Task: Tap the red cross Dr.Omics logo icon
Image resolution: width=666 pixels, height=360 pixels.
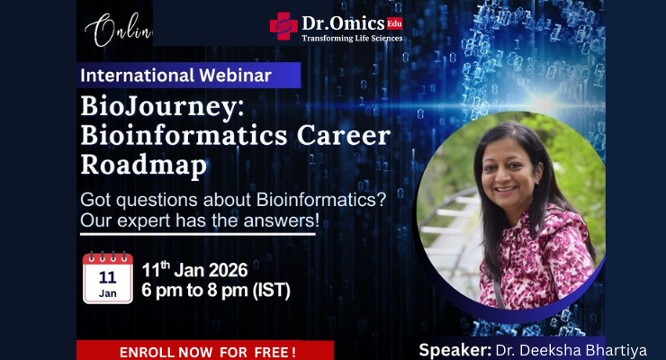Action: [x=283, y=27]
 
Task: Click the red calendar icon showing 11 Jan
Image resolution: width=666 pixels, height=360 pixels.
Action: [x=106, y=276]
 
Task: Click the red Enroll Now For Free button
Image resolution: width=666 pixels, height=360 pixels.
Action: [x=205, y=350]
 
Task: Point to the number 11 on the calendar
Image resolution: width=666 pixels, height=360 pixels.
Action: [x=106, y=276]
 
